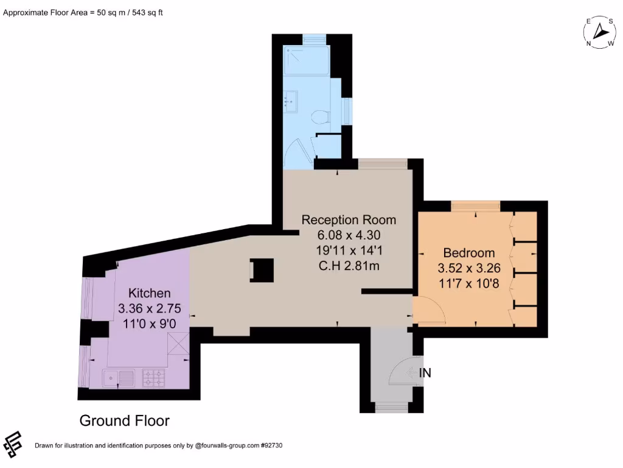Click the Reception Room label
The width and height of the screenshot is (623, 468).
click(349, 220)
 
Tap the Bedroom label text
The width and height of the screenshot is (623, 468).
click(468, 253)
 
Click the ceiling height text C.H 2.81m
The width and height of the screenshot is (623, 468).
click(349, 266)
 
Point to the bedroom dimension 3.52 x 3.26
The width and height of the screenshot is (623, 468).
click(468, 268)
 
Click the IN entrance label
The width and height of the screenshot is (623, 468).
click(425, 373)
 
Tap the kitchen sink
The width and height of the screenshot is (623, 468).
click(119, 378)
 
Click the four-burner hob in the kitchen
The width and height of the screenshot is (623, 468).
click(154, 378)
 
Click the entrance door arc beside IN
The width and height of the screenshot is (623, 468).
click(400, 372)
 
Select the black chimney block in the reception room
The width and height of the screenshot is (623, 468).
click(262, 270)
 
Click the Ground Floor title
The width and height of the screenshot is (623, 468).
click(124, 420)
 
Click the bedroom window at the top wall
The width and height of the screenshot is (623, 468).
click(476, 207)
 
